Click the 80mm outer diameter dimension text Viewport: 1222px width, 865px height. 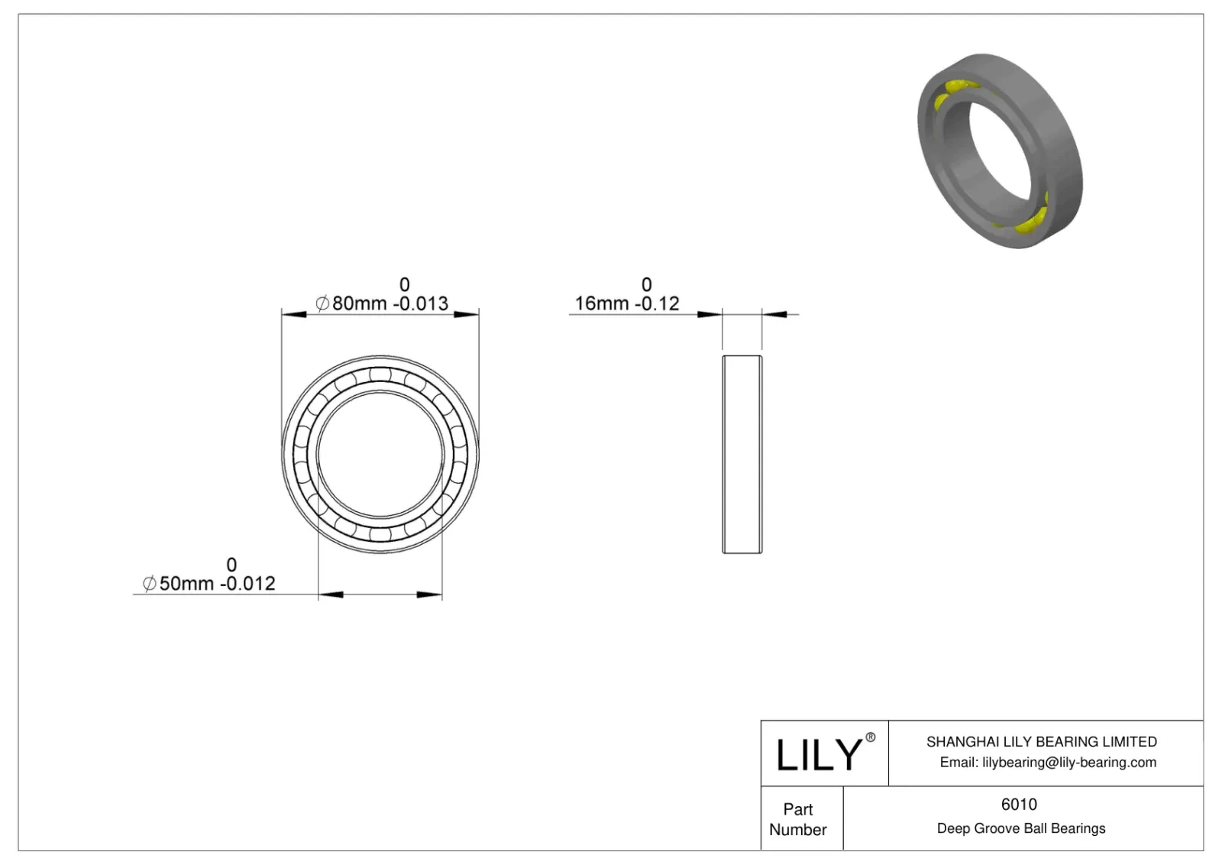point(359,303)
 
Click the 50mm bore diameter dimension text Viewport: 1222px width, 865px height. point(186,584)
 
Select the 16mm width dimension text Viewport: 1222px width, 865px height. point(602,303)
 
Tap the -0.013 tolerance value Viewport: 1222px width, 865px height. point(421,303)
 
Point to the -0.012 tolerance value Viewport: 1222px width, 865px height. point(247,584)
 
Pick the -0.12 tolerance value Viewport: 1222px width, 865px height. point(655,303)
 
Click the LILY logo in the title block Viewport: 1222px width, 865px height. point(818,754)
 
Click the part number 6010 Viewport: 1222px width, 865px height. point(1019,804)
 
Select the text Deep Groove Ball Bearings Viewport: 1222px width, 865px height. point(1020,828)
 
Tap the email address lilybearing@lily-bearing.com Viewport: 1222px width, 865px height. point(1068,762)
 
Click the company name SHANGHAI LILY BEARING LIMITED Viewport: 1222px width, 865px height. point(1041,741)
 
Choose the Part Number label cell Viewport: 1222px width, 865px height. point(798,818)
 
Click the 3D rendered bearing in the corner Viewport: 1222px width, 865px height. point(1000,150)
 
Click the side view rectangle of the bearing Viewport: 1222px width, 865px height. point(742,454)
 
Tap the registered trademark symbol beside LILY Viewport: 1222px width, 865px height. point(870,737)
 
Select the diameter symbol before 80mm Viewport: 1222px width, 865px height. point(322,303)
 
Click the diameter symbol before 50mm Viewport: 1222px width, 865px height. point(150,584)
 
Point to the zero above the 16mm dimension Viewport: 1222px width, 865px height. point(646,284)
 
